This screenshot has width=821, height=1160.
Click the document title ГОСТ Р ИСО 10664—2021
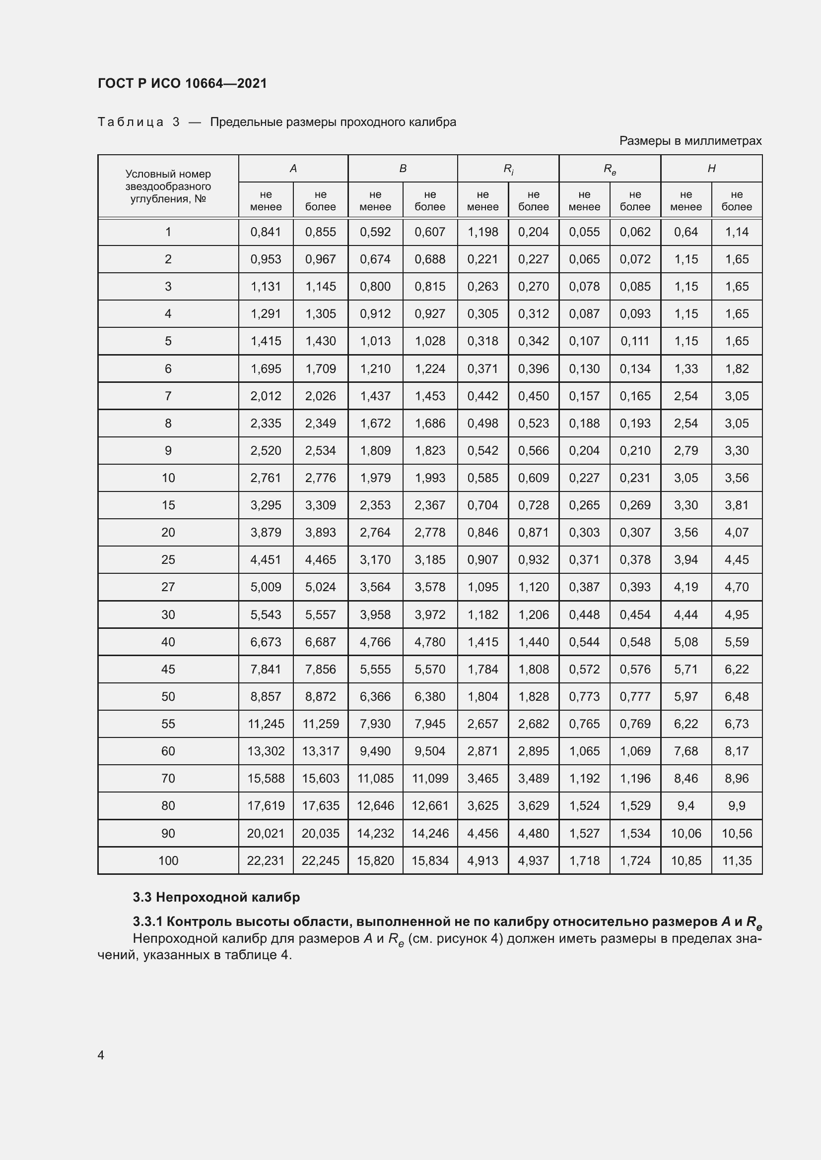[x=182, y=83]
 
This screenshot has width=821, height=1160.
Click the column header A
[x=293, y=169]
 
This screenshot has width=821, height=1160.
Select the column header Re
[x=610, y=169]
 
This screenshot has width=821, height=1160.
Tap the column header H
[x=711, y=169]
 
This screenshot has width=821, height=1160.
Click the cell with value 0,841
[x=266, y=232]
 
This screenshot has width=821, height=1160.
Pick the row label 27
[x=168, y=587]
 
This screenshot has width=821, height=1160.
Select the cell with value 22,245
[x=321, y=860]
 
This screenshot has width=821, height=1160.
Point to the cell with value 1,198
[x=483, y=232]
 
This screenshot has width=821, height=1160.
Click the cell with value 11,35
[x=737, y=860]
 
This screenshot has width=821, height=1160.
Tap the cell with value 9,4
[x=685, y=806]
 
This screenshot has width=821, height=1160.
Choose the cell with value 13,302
[x=266, y=751]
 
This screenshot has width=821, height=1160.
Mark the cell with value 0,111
[x=635, y=341]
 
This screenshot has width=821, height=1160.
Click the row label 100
[x=168, y=860]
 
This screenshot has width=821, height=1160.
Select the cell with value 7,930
[x=375, y=724]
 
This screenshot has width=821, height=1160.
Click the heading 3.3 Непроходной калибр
[x=216, y=897]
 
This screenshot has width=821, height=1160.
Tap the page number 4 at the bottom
[x=101, y=1055]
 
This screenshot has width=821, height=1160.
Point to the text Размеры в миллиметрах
[x=690, y=141]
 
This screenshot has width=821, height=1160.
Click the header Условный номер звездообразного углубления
[x=168, y=186]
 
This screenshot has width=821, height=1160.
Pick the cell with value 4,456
[x=483, y=833]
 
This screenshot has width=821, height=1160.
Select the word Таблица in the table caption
[x=131, y=122]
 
